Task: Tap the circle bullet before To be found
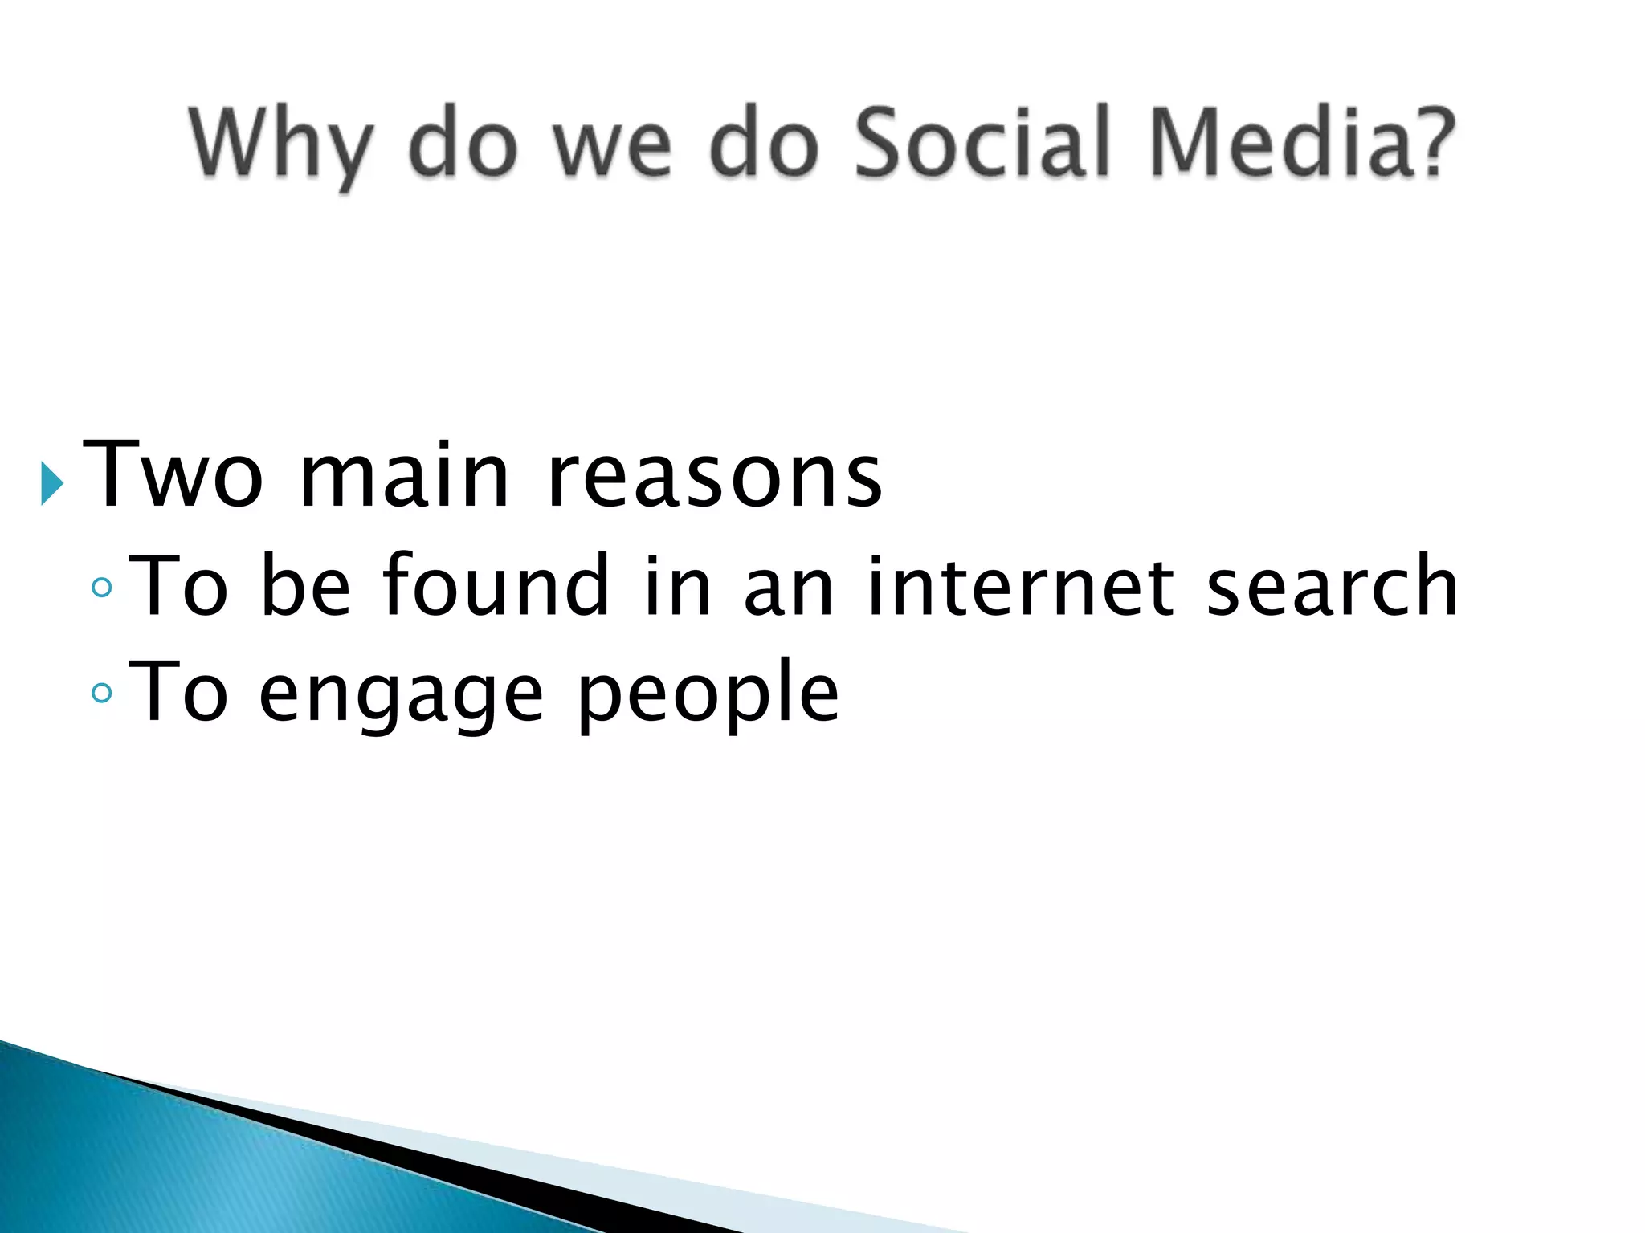(102, 588)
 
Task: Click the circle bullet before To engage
(102, 692)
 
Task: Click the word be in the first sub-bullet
(306, 586)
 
